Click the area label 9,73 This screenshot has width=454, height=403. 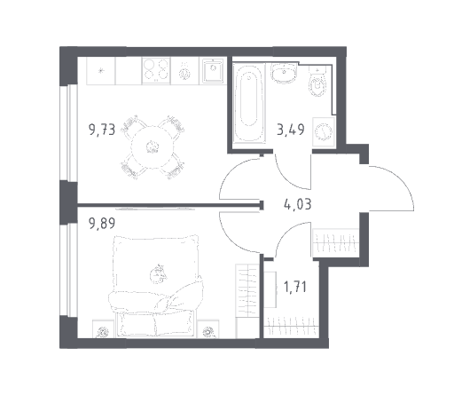click(102, 130)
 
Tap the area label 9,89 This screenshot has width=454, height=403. click(102, 223)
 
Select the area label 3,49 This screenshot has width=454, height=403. click(291, 130)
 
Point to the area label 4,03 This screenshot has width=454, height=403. click(297, 204)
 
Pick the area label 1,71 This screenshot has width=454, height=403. click(294, 287)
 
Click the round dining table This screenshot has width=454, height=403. click(153, 147)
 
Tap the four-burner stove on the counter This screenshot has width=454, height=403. click(156, 70)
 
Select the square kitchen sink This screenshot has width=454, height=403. click(213, 70)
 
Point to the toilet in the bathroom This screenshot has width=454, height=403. click(317, 82)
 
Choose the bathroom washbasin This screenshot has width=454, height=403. click(283, 73)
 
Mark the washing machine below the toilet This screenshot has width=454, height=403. click(324, 131)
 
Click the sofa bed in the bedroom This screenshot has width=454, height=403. click(156, 286)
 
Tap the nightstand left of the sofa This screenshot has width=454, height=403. click(103, 328)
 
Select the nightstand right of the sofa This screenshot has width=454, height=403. click(208, 328)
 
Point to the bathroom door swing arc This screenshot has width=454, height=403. click(286, 178)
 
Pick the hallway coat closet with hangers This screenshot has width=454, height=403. click(336, 242)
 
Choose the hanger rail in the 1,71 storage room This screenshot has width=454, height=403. click(291, 326)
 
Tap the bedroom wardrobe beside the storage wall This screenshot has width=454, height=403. click(247, 301)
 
